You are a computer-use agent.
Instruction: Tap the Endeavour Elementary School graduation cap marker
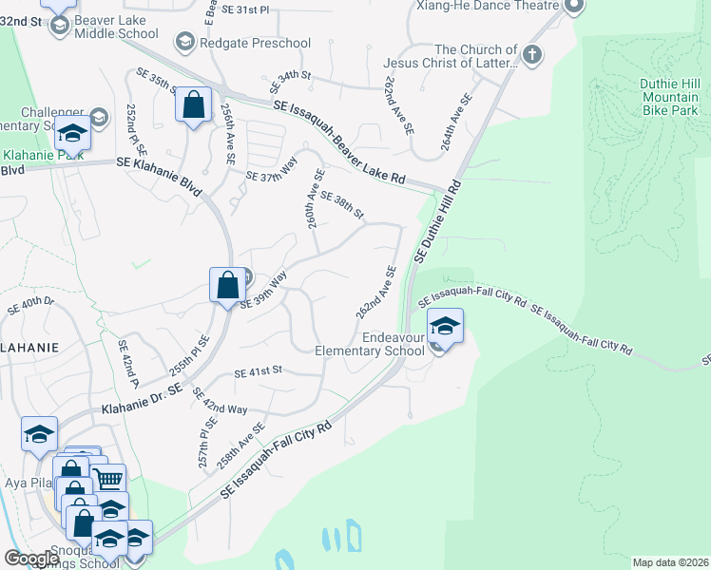click(x=445, y=328)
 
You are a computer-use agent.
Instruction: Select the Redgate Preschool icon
click(x=183, y=42)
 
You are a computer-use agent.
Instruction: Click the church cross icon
click(x=530, y=54)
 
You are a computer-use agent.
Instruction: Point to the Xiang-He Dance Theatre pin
click(x=573, y=7)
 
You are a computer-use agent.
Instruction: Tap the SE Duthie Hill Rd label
click(x=437, y=221)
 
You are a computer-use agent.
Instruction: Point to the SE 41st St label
click(x=259, y=371)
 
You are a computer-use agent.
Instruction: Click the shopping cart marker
click(x=109, y=482)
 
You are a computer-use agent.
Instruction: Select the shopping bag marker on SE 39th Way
click(x=227, y=284)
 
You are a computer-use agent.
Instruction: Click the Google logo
click(x=31, y=559)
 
